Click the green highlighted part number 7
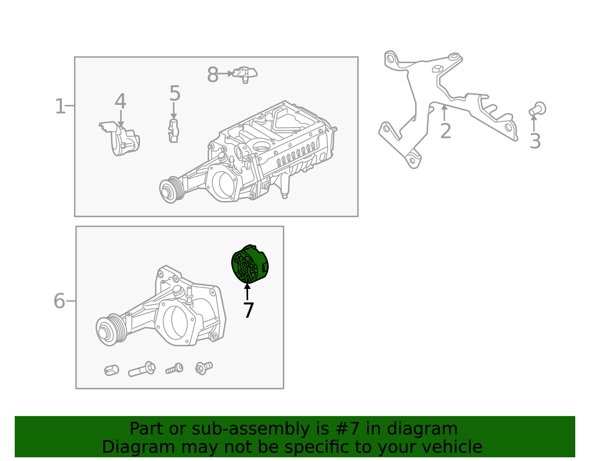[x=250, y=264]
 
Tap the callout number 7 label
[x=249, y=311]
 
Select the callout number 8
[x=213, y=75]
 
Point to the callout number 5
[x=175, y=93]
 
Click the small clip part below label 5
[x=173, y=131]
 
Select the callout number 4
[x=120, y=102]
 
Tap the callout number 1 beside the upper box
[x=60, y=107]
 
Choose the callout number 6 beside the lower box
[x=59, y=301]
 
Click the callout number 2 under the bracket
[x=445, y=131]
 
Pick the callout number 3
[x=535, y=141]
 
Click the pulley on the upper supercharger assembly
[x=171, y=190]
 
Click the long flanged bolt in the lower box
[x=142, y=369]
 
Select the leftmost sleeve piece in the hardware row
[x=111, y=370]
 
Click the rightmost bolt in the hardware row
[x=204, y=368]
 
